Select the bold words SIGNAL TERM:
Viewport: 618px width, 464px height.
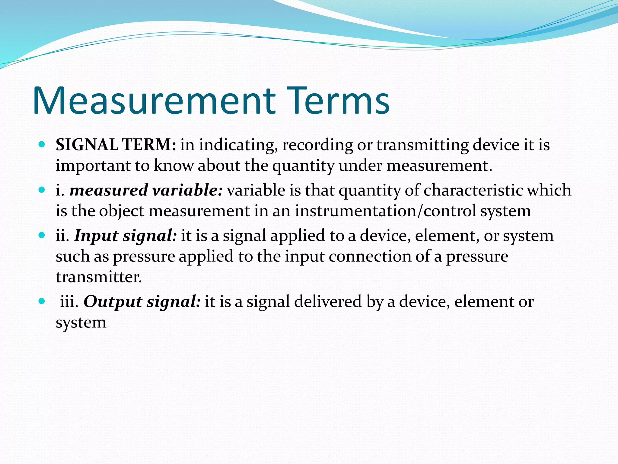coord(116,145)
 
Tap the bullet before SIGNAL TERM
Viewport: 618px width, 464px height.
coord(42,144)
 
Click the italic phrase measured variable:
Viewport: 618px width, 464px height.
coord(146,190)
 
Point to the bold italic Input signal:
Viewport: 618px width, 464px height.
coord(126,236)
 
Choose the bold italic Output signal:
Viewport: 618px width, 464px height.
coord(142,302)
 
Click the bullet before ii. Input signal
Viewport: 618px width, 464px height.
coord(42,235)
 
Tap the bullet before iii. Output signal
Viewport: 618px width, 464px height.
coord(42,301)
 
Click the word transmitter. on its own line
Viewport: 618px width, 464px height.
coord(99,277)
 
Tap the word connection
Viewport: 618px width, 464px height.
coord(370,256)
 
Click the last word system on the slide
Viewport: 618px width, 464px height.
coord(81,323)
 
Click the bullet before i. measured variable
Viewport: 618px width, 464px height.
coord(42,190)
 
